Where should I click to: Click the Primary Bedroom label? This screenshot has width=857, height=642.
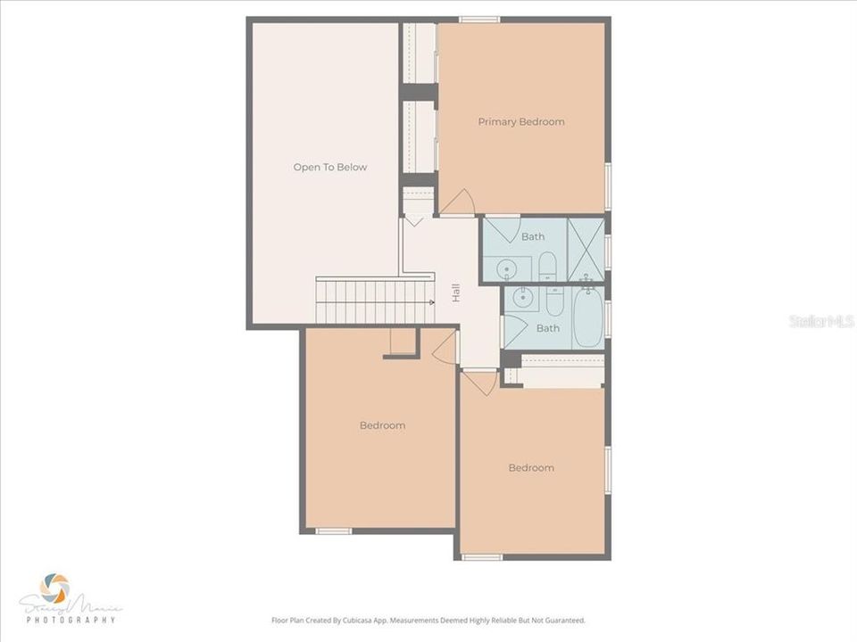(520, 122)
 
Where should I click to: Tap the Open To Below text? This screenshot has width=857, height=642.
(329, 168)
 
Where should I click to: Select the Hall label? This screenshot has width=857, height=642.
(455, 292)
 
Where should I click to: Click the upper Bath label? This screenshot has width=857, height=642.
(533, 237)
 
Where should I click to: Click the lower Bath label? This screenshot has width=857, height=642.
(547, 328)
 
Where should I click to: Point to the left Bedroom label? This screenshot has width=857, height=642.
(382, 425)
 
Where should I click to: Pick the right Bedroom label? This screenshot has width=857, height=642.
(531, 468)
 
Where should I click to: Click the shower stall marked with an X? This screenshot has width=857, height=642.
(586, 249)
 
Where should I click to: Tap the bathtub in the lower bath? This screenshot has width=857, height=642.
(587, 317)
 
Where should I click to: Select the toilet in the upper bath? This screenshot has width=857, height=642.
(548, 266)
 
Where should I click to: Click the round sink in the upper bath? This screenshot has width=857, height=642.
(505, 268)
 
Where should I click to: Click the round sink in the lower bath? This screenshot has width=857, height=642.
(524, 299)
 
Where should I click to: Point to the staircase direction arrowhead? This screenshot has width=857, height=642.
(431, 303)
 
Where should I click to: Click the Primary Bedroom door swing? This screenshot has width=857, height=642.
(459, 203)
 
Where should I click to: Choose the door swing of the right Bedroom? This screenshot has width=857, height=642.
(480, 382)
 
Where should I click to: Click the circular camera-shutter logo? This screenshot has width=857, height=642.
(55, 588)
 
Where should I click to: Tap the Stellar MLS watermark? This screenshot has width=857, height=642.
(821, 320)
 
